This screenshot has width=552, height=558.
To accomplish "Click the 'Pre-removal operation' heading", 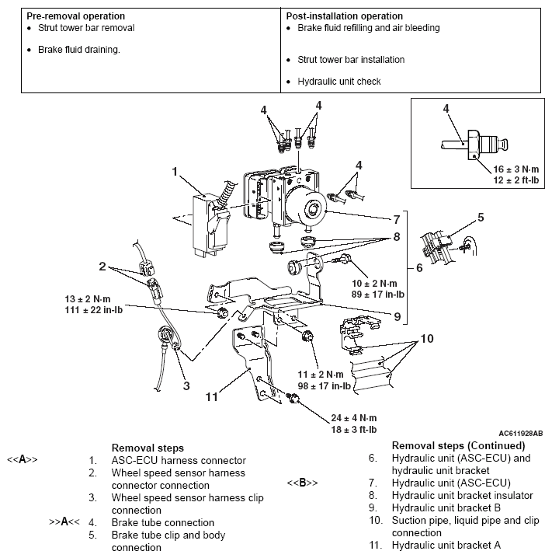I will [x=75, y=16].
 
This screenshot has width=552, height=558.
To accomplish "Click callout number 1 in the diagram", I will [x=175, y=170].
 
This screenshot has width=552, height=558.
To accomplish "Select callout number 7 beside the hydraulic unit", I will [x=395, y=218].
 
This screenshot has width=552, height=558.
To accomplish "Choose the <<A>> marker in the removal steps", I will [x=23, y=460].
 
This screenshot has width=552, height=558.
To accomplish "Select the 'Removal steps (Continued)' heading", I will [x=458, y=446].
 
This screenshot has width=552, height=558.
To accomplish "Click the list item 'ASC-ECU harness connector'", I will [x=179, y=460].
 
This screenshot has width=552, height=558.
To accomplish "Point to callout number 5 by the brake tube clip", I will [x=481, y=218].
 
